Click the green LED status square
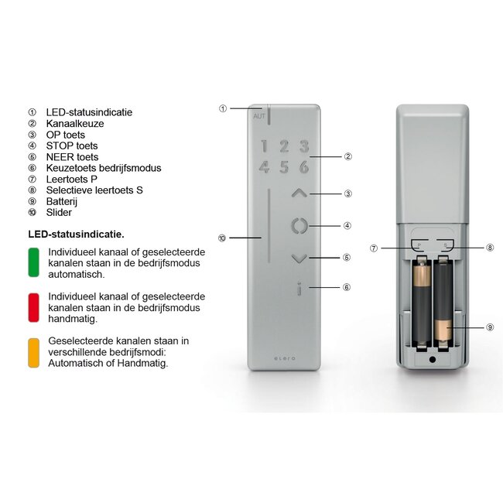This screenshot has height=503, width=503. (33, 262)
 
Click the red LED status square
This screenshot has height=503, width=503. (33, 307)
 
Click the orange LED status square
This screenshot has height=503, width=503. (33, 352)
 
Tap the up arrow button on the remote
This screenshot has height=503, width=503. (299, 193)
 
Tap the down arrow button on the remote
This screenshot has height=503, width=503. (299, 258)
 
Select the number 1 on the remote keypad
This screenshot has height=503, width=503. (264, 146)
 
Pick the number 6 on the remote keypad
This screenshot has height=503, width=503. (304, 166)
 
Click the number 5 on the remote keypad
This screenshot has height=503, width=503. (284, 166)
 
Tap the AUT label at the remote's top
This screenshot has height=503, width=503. (258, 116)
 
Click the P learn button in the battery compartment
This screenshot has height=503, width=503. (419, 244)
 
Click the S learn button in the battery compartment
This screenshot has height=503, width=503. (446, 244)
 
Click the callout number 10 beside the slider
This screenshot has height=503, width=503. (222, 238)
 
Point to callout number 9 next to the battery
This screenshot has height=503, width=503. (491, 327)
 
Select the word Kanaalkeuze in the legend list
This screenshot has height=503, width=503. (74, 124)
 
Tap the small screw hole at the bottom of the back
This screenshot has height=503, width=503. (433, 359)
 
